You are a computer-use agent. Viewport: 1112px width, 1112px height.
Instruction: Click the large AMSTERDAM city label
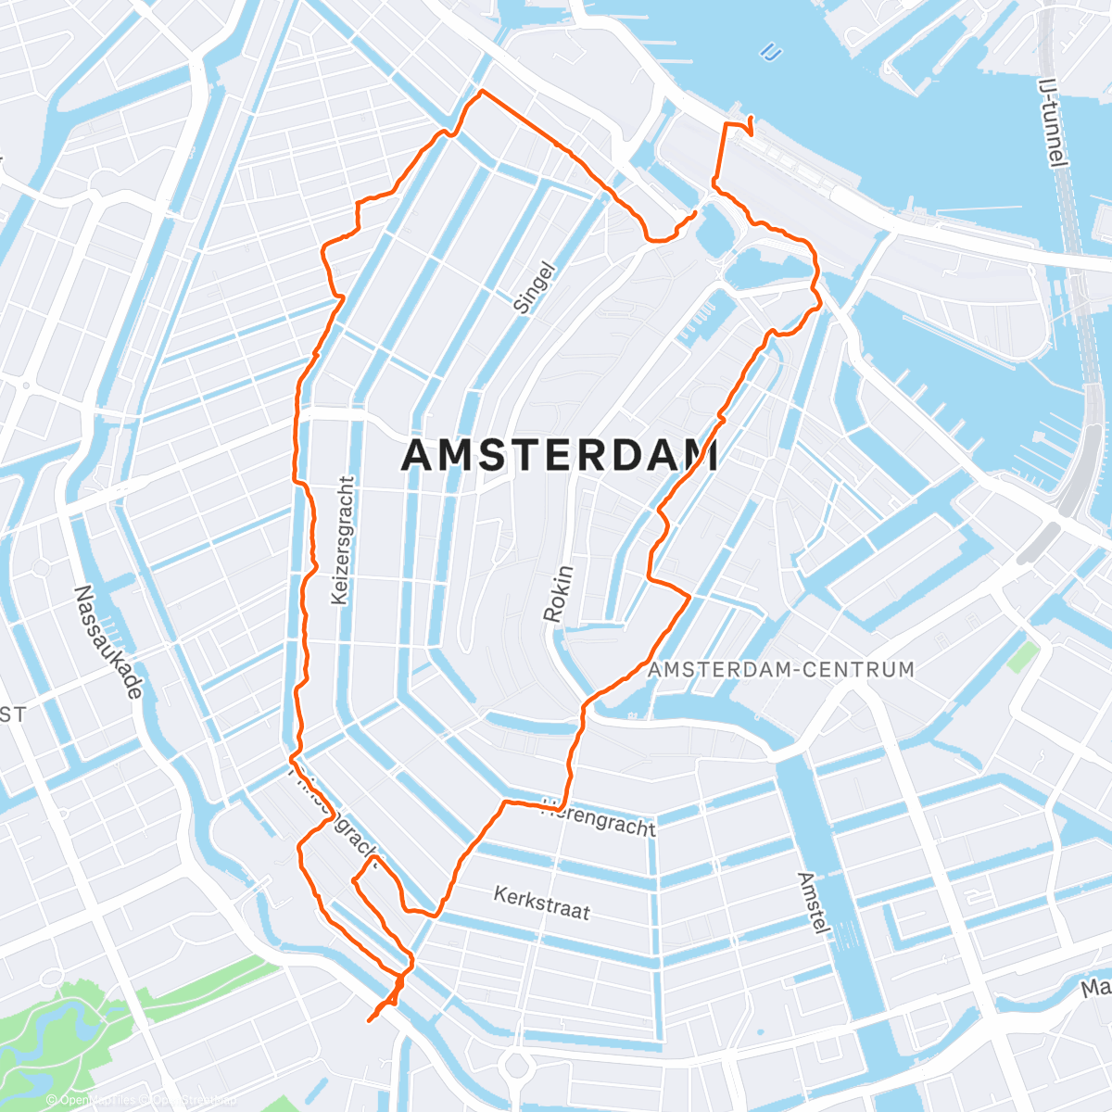click(561, 456)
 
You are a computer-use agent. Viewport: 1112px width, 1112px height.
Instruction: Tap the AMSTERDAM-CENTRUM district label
click(780, 669)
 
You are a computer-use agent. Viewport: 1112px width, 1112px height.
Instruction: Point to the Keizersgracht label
click(342, 541)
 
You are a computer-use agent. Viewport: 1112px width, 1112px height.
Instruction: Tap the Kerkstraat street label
click(541, 902)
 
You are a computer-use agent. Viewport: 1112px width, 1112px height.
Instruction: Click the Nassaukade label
click(109, 641)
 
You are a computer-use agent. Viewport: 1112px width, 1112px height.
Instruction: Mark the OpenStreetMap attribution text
click(139, 1100)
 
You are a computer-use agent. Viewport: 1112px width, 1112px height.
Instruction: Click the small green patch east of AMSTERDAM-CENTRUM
click(1022, 656)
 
